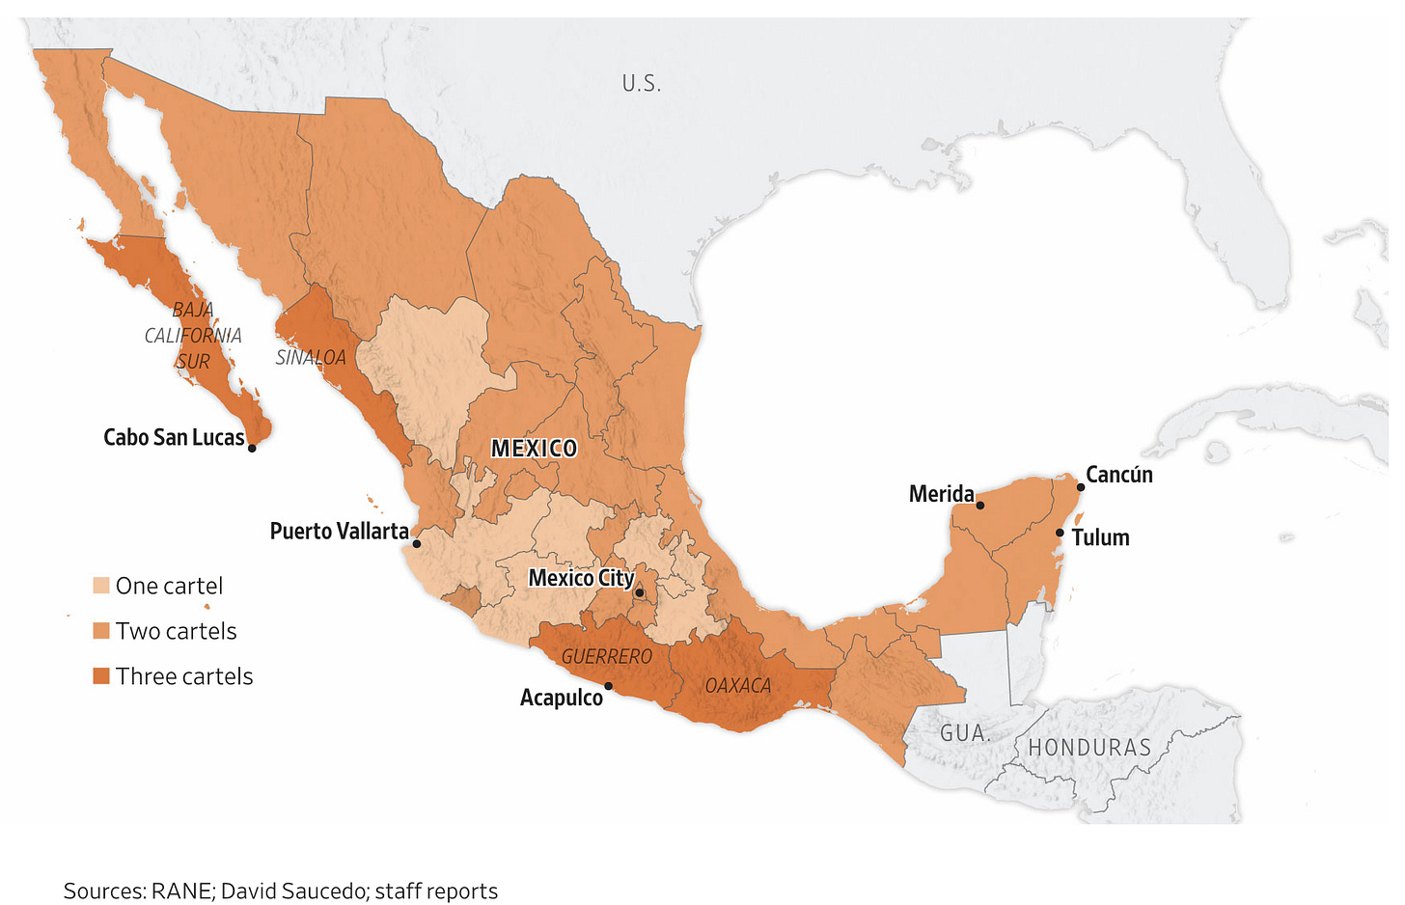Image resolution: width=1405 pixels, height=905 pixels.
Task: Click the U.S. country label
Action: pyautogui.click(x=642, y=84)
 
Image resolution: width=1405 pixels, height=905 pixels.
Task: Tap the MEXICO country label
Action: pyautogui.click(x=534, y=449)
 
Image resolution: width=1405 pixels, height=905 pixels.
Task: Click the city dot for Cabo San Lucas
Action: pyautogui.click(x=252, y=448)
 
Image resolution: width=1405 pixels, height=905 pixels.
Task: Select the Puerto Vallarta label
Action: pyautogui.click(x=339, y=532)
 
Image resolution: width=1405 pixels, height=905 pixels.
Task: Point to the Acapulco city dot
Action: pyautogui.click(x=609, y=686)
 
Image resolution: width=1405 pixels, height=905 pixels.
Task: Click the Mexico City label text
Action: pyautogui.click(x=581, y=578)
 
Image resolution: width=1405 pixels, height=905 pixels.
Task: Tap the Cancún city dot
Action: pyautogui.click(x=1081, y=487)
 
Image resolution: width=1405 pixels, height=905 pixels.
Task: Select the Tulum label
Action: pyautogui.click(x=1100, y=538)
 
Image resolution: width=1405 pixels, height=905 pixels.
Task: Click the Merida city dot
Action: pyautogui.click(x=980, y=505)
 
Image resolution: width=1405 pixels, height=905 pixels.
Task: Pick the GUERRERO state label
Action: pyautogui.click(x=607, y=657)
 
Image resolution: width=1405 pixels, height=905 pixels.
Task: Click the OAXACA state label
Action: pyautogui.click(x=738, y=686)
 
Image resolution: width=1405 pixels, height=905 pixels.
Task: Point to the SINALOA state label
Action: pyautogui.click(x=311, y=358)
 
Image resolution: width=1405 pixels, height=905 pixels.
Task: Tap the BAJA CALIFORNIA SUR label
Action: pyautogui.click(x=193, y=336)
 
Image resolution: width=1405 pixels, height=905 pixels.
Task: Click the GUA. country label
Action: pyautogui.click(x=965, y=733)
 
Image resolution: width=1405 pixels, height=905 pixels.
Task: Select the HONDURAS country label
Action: pyautogui.click(x=1089, y=748)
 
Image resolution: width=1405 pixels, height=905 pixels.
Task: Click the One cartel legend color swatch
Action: pyautogui.click(x=101, y=586)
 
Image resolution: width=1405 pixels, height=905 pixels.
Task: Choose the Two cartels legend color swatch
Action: pyautogui.click(x=101, y=631)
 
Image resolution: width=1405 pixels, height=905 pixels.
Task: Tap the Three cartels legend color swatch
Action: pyautogui.click(x=101, y=676)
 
